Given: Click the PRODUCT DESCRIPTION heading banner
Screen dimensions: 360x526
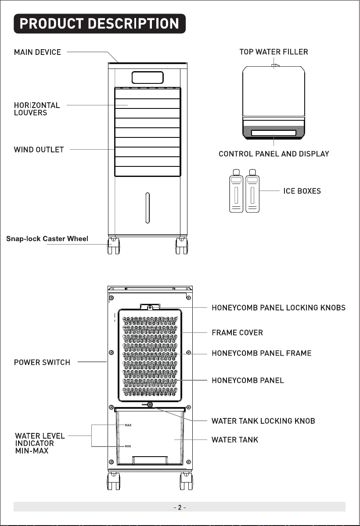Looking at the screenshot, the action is [x=100, y=23].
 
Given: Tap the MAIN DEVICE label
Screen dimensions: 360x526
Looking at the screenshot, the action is [x=38, y=52].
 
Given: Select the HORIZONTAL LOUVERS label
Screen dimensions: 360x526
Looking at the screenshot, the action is [x=37, y=109].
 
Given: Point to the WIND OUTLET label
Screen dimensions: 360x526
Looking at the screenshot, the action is [x=39, y=150].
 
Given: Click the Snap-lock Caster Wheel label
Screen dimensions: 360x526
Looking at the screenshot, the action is [x=47, y=239].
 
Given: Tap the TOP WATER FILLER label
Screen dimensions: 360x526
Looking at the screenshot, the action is [x=274, y=52].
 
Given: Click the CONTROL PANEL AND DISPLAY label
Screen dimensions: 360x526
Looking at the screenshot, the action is [x=274, y=154].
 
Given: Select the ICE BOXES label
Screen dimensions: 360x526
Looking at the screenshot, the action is [x=302, y=191].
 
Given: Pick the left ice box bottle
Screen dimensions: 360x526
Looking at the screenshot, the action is [x=236, y=191].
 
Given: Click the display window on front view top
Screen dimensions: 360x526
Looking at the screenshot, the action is [x=148, y=77].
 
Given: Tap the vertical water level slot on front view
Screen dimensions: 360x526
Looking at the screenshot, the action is [x=147, y=208].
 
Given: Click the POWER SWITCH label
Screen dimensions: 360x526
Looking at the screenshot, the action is [x=42, y=363].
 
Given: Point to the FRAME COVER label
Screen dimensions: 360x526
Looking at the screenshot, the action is [x=237, y=333].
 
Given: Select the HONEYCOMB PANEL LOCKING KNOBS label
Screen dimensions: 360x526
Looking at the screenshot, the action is [x=278, y=308].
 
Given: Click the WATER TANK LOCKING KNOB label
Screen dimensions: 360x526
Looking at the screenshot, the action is [x=263, y=421].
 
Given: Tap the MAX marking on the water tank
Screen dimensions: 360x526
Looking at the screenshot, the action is [x=128, y=425].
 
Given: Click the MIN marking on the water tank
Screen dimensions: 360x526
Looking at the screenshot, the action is [x=128, y=447].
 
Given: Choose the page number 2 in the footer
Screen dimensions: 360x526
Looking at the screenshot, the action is [x=180, y=508].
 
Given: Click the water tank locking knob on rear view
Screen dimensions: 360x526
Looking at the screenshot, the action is [x=150, y=405].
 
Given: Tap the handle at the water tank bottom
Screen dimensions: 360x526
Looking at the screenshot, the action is [x=150, y=460].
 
